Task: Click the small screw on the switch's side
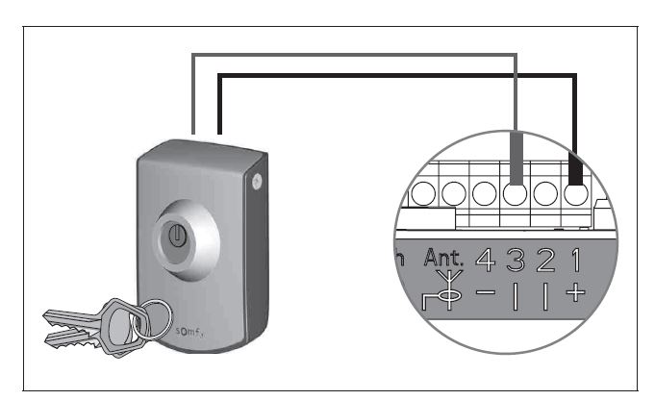255,180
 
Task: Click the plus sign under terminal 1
576,292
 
